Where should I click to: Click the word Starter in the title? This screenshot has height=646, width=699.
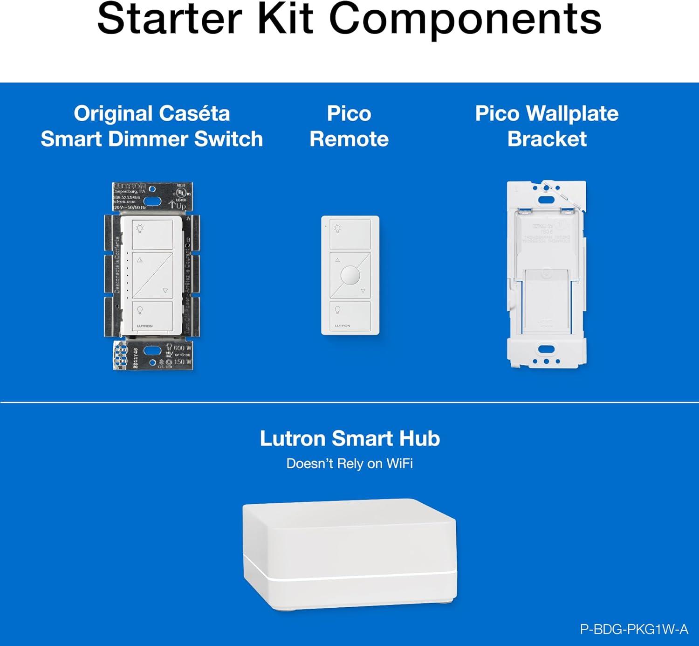pos(170,20)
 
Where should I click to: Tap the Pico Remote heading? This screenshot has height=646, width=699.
pos(349,126)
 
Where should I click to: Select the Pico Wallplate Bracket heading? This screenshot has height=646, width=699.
pos(547,126)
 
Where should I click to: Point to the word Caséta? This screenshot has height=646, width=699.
pos(194,114)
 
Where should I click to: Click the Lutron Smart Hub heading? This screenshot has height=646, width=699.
pos(349,438)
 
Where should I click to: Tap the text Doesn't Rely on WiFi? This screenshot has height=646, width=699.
pos(349,464)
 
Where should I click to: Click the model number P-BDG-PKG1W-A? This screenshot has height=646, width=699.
pos(634,629)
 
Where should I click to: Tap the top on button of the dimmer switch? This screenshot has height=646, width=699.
pos(152,234)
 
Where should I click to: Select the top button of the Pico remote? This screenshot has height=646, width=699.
pos(350,234)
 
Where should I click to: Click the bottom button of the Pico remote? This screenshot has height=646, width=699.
pos(350,316)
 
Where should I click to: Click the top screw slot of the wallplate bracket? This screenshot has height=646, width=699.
pos(546,200)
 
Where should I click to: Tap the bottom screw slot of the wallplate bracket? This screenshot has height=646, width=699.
pos(546,349)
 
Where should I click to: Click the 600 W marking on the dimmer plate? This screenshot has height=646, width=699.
pos(182,348)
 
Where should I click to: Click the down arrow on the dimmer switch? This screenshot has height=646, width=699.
pos(165,291)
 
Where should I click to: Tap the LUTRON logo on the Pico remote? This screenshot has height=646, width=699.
pos(343,326)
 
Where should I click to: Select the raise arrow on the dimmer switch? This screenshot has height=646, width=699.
pos(140,260)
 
